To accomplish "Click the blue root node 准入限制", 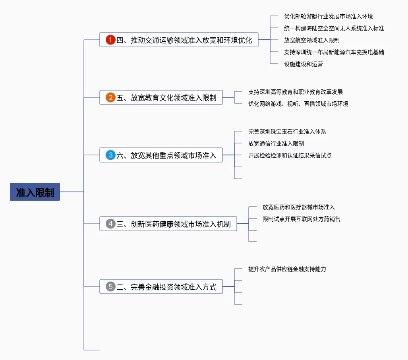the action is pos(35,192).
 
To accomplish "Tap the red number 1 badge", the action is pos(110,40).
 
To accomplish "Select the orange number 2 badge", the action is pos(110,97).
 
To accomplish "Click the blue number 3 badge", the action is pos(110,155).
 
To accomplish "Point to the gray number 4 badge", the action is pos(110,224).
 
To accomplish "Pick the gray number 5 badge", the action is pos(110,286).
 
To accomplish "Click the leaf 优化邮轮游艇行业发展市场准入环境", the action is pos(329,16).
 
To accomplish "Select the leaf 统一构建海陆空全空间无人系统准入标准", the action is pos(334,28).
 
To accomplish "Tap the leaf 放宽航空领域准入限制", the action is pos(312,41).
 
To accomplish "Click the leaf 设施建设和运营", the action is pos(304,64).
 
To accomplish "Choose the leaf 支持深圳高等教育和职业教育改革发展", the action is pos(295,92).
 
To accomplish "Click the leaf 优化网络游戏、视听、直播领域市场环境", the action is pos(298,104).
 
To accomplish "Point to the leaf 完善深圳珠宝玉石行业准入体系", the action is pos(287,132).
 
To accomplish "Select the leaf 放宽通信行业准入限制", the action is pos(276,143).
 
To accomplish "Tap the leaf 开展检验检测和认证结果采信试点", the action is pos(290,155).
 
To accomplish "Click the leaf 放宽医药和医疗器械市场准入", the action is pos(298,207).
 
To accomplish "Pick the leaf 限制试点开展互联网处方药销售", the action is pos(301,219).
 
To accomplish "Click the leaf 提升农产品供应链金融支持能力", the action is pos(287,269).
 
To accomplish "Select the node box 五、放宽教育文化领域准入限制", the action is pos(161,97).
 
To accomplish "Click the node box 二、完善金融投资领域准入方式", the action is pos(161,286).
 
